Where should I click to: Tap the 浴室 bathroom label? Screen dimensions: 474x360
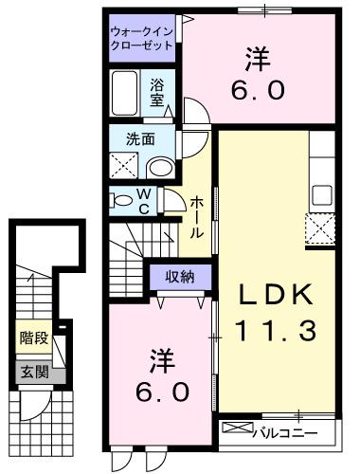coord(158,90)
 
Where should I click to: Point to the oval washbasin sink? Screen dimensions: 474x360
coord(162,168)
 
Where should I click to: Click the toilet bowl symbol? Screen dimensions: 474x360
coord(122,200)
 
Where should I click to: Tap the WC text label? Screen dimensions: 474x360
coord(145,201)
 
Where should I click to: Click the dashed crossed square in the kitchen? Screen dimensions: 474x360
coord(321,229)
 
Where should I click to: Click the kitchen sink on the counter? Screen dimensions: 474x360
coord(322,194)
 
